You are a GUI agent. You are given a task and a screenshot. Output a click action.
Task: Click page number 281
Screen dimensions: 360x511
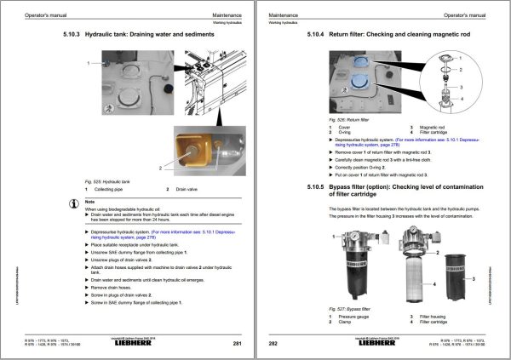(x=238, y=343)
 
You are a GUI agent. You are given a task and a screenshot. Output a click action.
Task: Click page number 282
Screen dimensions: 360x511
(x=274, y=343)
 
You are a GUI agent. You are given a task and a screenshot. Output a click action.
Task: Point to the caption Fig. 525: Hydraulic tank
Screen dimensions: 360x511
(x=107, y=180)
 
